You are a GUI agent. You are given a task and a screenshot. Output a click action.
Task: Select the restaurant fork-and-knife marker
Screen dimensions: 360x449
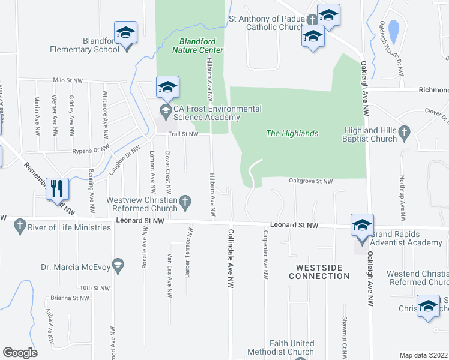[57, 188]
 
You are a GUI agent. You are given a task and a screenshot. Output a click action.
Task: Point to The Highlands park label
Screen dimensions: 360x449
[292, 133]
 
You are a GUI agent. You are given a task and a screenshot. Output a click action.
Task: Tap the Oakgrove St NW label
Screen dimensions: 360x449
[310, 181]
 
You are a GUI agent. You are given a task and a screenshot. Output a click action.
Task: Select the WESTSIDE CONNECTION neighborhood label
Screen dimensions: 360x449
[319, 271]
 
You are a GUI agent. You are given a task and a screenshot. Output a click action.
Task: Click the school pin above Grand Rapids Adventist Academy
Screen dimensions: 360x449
[362, 225]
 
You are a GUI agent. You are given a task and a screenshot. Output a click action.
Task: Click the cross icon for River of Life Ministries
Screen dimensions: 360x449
[20, 225]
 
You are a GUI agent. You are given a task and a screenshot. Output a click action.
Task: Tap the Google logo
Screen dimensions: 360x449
[20, 353]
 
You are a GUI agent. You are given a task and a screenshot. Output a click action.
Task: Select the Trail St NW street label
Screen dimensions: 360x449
[183, 134]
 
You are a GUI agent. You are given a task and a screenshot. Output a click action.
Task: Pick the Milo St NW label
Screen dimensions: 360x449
[67, 80]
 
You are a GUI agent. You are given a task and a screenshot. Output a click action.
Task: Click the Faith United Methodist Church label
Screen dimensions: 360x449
[292, 347]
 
